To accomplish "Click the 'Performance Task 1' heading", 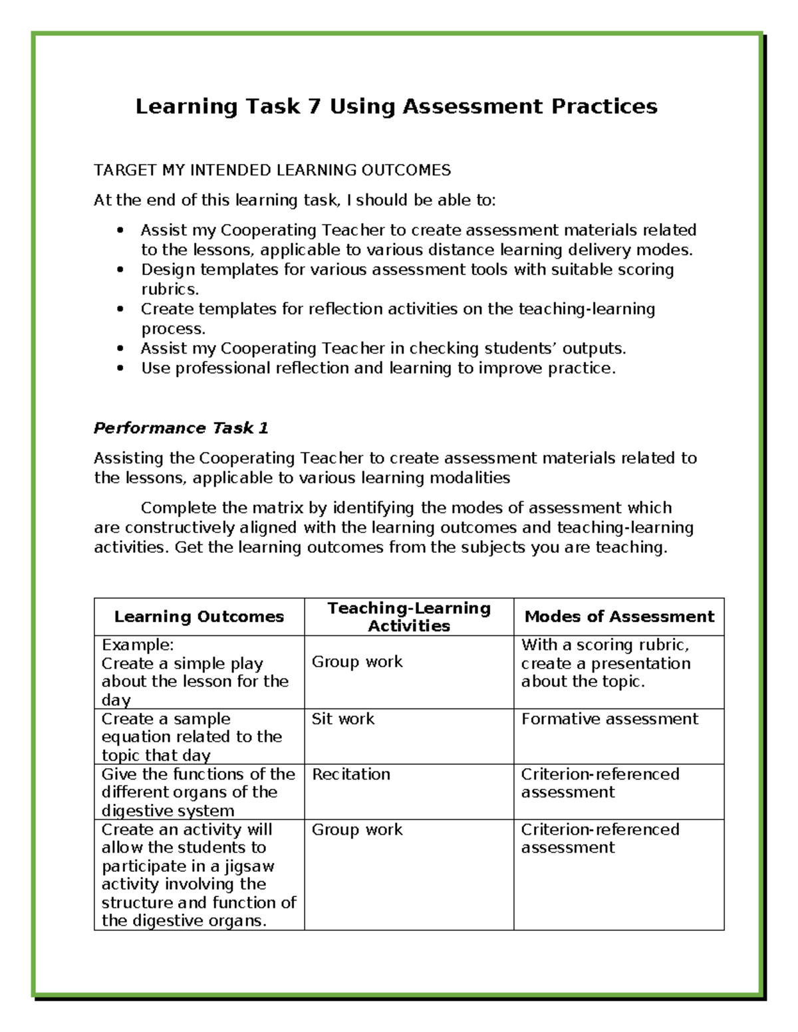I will [181, 428].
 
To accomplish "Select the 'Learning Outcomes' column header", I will [199, 617].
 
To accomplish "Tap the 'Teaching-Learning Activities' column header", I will [409, 617].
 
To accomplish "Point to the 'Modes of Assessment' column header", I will [619, 617].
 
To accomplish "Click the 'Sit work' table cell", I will [343, 719].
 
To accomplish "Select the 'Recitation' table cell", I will [351, 774].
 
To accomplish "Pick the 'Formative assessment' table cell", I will [610, 719].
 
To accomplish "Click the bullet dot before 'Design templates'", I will [120, 270].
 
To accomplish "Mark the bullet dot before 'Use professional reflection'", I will [120, 368].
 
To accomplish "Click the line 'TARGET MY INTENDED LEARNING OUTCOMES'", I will [272, 170].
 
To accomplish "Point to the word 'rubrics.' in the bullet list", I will [170, 289].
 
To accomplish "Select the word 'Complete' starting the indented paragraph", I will [178, 508].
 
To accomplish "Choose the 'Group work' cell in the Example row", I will [357, 662].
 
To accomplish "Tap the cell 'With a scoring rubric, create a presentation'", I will [606, 663].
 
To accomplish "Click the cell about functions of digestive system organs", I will [198, 792].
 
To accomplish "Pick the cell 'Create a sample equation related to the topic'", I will [192, 737].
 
